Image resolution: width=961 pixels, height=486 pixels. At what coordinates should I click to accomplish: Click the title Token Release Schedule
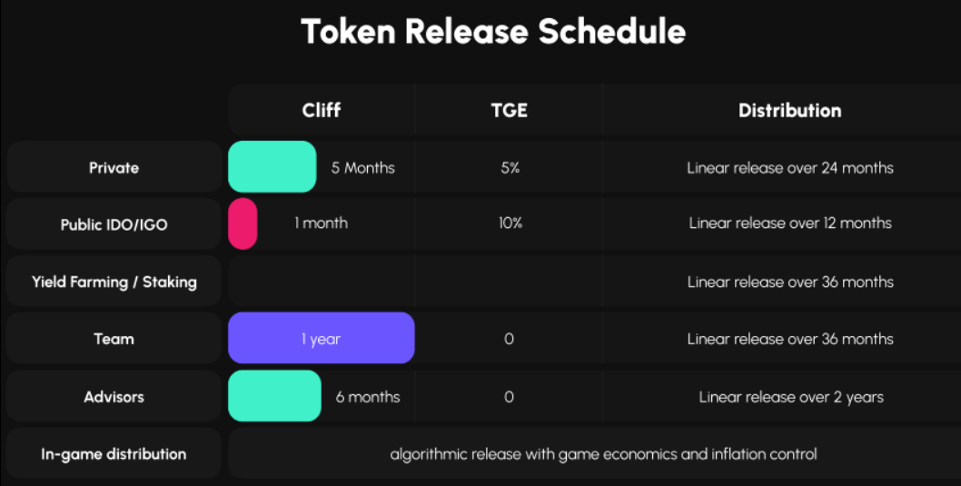[493, 33]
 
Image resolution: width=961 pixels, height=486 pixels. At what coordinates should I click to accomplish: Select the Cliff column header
[322, 111]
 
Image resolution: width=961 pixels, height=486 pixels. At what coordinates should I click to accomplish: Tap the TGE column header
[509, 111]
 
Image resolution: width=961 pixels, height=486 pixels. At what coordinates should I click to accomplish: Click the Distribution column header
[789, 111]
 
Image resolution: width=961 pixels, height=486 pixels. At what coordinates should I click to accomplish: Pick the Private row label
[114, 168]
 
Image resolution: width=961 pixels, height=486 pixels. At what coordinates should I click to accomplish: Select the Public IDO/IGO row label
[114, 224]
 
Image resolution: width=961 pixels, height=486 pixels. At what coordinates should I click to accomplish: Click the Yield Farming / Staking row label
[114, 282]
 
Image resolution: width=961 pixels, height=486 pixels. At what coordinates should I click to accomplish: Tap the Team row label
[114, 339]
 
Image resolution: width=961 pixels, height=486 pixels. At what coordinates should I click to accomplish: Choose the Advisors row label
[114, 397]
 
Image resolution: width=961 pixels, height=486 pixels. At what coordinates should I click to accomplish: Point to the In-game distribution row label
[114, 454]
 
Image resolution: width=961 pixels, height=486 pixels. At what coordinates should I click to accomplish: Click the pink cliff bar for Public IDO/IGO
[243, 223]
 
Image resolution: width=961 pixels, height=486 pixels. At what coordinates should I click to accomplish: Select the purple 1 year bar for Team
[322, 338]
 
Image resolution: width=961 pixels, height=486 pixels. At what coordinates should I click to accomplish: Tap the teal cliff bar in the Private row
[272, 167]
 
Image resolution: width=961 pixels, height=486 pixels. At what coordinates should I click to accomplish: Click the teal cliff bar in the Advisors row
[274, 396]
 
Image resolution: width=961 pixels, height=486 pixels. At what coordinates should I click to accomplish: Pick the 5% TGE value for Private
[509, 168]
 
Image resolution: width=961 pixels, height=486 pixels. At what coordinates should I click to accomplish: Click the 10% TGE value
[510, 223]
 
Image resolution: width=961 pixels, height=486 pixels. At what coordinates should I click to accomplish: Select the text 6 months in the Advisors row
[368, 397]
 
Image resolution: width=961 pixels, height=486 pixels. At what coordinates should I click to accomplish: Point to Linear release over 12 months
[790, 223]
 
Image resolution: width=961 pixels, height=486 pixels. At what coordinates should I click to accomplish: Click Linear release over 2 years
[790, 397]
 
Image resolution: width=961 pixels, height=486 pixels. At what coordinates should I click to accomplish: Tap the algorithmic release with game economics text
[603, 453]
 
